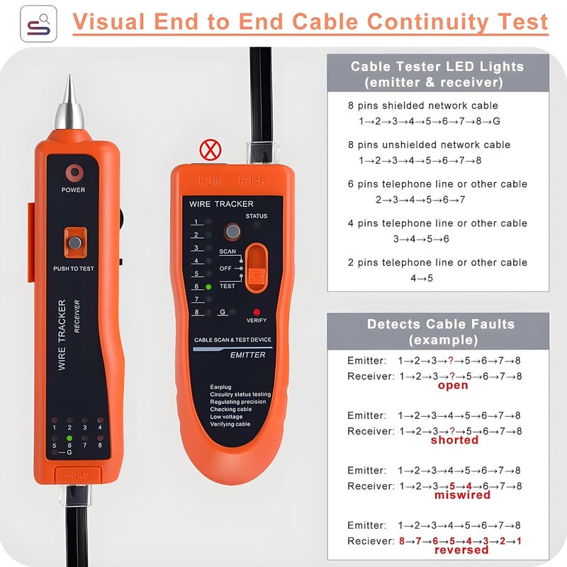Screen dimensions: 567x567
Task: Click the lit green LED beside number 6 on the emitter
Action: (x=209, y=287)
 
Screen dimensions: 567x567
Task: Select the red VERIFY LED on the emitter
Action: (x=256, y=312)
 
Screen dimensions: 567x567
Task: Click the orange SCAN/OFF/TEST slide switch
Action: (x=256, y=268)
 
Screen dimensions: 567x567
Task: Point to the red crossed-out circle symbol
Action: (x=208, y=150)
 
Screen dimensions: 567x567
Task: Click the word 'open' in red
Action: (x=453, y=386)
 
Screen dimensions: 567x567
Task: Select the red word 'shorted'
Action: (x=454, y=440)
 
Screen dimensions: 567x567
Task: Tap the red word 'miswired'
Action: (x=462, y=495)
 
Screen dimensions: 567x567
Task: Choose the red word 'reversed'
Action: (x=461, y=550)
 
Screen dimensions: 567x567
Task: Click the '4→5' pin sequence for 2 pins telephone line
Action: (x=422, y=278)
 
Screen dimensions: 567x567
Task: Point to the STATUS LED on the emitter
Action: (x=256, y=225)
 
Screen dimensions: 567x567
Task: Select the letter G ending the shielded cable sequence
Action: (x=496, y=121)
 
